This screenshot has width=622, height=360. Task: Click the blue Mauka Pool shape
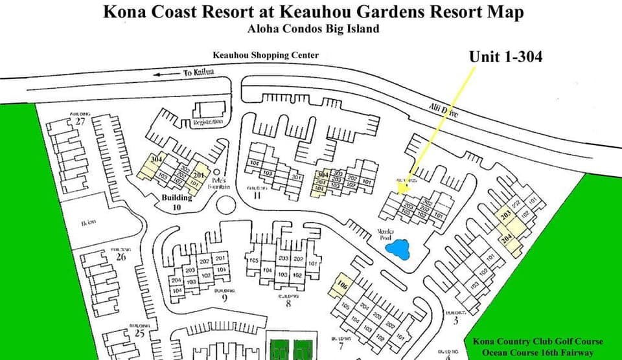tap(401, 249)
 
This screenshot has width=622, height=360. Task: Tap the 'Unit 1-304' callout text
tap(505, 58)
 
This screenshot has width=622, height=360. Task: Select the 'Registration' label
tap(208, 122)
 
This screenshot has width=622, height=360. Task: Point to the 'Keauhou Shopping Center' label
tap(266, 56)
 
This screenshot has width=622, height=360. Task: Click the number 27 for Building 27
tap(80, 121)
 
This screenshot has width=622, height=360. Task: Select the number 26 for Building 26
tap(121, 256)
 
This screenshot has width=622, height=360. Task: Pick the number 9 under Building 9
tap(224, 298)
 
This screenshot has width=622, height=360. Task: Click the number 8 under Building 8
tap(288, 302)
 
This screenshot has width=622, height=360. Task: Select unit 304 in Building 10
tap(156, 159)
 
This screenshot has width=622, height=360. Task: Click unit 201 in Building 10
tap(198, 175)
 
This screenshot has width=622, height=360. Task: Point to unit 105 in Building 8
tap(254, 261)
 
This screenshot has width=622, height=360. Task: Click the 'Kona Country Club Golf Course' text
tap(538, 341)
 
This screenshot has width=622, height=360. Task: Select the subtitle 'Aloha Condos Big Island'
tap(313, 28)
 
